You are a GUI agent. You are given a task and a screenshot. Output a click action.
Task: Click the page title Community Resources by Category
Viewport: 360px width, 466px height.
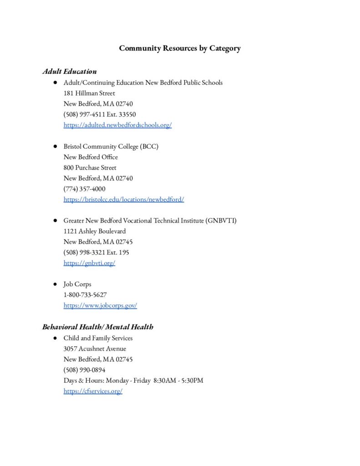pos(180,48)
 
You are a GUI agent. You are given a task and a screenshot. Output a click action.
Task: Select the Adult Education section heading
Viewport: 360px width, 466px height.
pos(70,71)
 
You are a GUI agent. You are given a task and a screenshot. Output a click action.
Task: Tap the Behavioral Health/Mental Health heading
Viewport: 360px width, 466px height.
pos(98,327)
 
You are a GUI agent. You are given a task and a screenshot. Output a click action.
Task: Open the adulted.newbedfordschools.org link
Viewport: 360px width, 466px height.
pos(117,125)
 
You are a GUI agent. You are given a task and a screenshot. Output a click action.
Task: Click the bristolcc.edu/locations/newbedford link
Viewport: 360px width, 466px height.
pos(124,199)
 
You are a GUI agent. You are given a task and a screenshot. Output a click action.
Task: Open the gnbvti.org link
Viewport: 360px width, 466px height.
pos(89,263)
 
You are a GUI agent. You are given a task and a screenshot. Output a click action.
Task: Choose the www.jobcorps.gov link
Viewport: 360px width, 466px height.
pos(100,305)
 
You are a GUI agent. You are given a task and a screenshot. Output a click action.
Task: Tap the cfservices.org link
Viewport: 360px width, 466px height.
pos(93,391)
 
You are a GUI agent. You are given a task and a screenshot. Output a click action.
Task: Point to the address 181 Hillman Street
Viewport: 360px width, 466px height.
pos(89,93)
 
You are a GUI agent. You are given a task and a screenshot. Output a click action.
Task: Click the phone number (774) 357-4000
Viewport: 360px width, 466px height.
pos(84,189)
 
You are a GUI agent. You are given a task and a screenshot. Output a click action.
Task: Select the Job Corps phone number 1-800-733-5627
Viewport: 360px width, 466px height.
pos(85,295)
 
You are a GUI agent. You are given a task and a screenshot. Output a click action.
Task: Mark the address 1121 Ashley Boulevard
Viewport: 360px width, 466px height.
pos(95,231)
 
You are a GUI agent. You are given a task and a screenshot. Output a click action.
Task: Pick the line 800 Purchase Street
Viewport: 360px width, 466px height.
pos(90,167)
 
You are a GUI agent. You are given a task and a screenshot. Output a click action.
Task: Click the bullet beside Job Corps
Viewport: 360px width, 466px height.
pos(54,284)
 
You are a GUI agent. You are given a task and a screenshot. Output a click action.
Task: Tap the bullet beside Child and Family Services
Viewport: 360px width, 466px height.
pos(54,338)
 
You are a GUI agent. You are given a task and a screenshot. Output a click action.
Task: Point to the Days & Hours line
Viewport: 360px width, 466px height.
pos(133,380)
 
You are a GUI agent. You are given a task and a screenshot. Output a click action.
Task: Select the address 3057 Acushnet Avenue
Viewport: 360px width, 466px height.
pos(95,349)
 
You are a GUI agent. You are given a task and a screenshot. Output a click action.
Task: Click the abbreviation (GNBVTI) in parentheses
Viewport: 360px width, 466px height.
pos(221,221)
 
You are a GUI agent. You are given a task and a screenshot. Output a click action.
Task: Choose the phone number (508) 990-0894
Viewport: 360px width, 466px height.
pos(84,370)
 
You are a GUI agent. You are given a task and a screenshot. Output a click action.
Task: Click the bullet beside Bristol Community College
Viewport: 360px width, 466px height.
pos(54,147)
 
